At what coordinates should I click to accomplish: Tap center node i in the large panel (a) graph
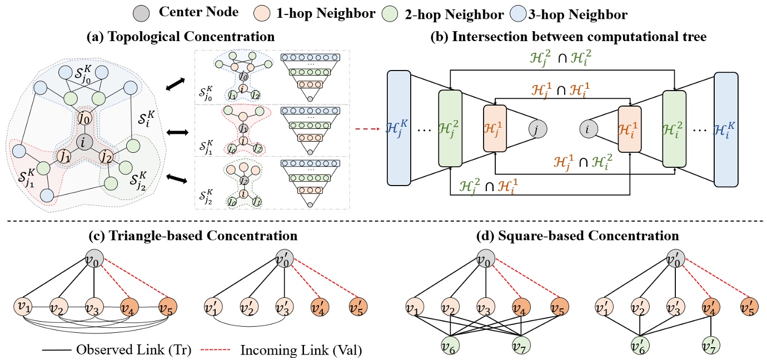(x=83, y=143)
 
